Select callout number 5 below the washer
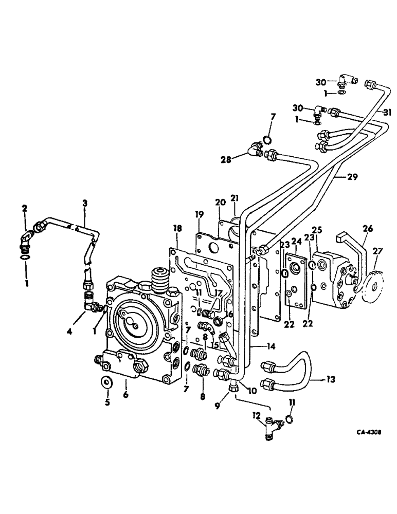coord(107,402)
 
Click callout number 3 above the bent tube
coord(85,204)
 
